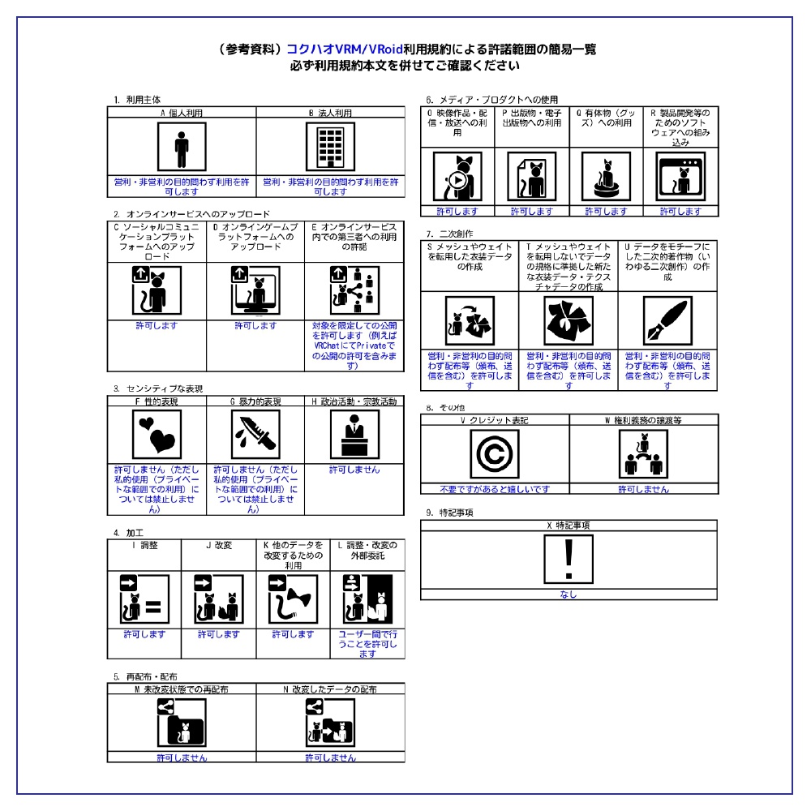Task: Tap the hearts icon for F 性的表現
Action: (x=157, y=435)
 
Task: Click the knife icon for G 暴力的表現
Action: (x=255, y=435)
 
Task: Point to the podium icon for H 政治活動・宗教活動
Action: (x=354, y=435)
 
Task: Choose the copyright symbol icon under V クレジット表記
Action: (x=495, y=455)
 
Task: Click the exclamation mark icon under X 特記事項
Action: (x=569, y=560)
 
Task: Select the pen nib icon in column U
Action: (x=667, y=321)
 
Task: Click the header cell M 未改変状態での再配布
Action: (x=181, y=689)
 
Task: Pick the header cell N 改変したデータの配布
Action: (x=330, y=689)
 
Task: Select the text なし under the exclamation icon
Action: (x=569, y=594)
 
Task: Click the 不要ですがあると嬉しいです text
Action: (x=495, y=489)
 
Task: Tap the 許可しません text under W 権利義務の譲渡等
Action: (x=643, y=489)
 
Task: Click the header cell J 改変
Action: (x=219, y=546)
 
